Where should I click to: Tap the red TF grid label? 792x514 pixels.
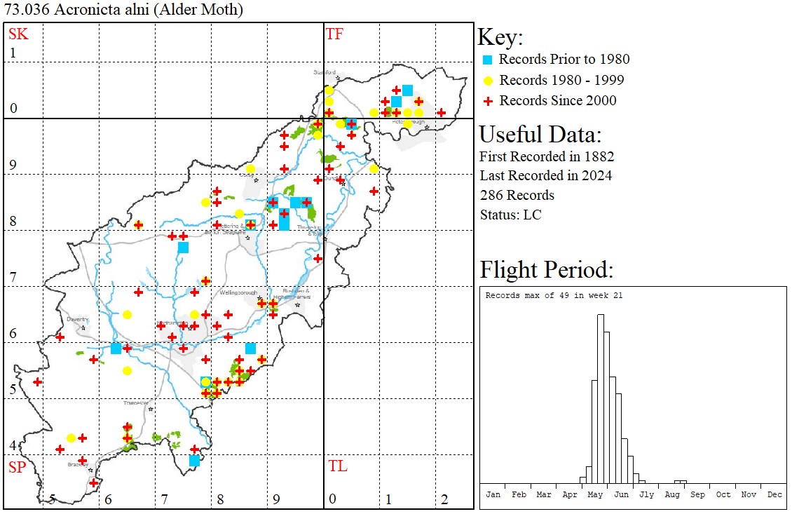334,34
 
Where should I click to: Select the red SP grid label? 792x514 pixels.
16,467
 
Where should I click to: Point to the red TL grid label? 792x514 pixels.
337,466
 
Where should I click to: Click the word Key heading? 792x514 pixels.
500,38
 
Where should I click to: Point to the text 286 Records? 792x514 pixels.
517,195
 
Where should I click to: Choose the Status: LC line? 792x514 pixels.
510,215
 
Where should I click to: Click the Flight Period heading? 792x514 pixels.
546,270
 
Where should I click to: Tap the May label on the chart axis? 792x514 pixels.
595,494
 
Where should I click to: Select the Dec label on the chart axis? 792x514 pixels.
774,494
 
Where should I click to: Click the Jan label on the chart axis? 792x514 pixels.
493,494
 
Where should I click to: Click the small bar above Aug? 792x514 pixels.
680,482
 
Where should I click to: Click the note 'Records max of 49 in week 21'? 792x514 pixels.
554,296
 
